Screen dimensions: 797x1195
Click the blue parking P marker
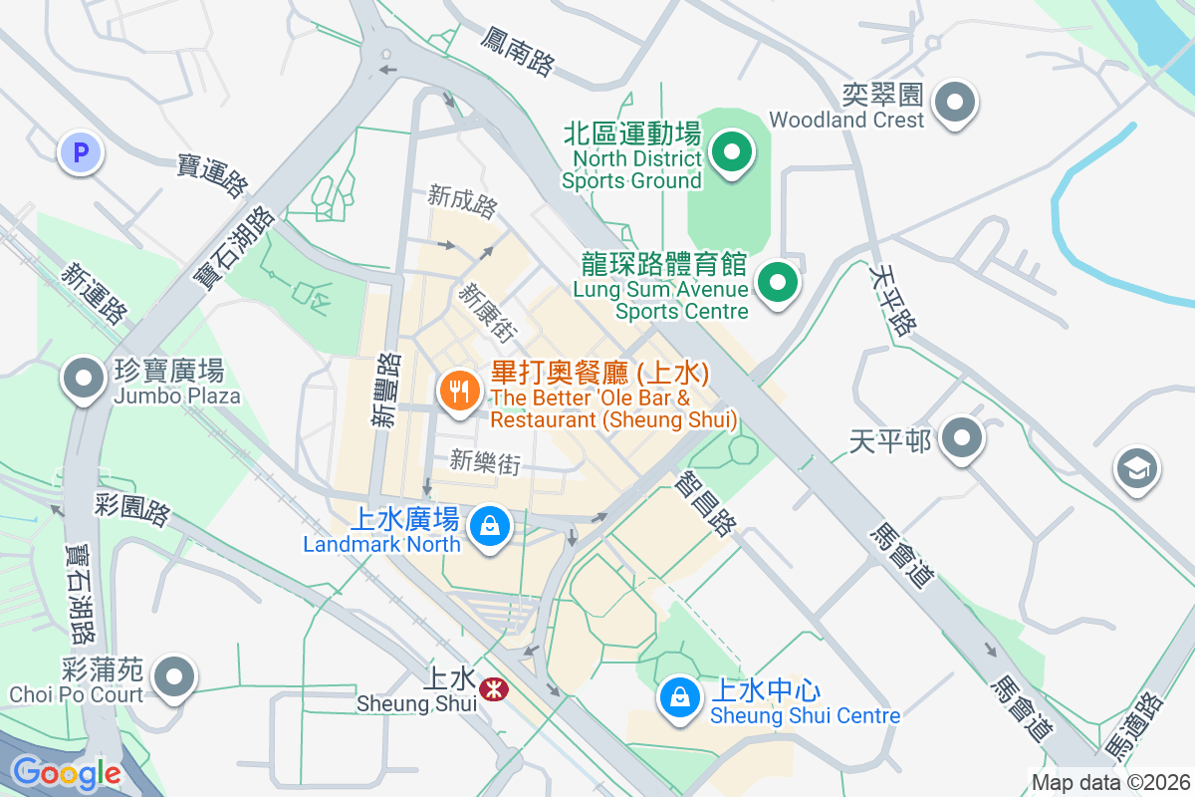(x=81, y=153)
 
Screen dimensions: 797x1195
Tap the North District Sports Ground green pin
(x=732, y=153)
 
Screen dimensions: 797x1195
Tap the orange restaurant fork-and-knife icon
(x=458, y=391)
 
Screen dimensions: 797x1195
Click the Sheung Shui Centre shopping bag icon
(x=678, y=697)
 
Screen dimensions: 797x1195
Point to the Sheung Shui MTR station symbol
(x=491, y=688)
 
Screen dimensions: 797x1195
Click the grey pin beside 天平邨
(x=961, y=439)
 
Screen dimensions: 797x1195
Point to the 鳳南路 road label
(x=517, y=52)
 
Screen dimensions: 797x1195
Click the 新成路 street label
(x=463, y=197)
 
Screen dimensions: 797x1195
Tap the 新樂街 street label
(x=485, y=460)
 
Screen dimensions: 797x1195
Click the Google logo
(x=66, y=773)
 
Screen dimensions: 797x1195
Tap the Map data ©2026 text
(x=1110, y=782)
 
